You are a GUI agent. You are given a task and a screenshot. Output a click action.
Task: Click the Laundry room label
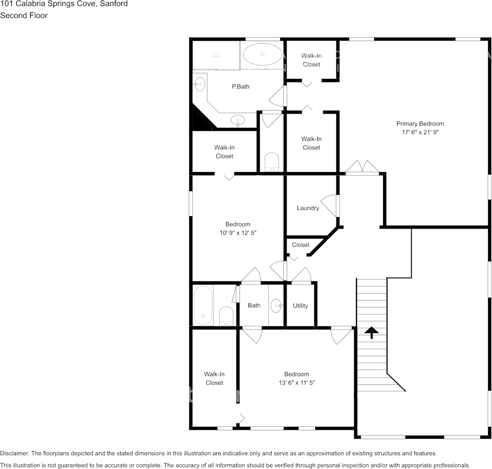308,208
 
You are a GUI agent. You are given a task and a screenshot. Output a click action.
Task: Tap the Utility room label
300,305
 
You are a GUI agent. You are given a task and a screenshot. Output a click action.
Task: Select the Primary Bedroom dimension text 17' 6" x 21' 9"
420,132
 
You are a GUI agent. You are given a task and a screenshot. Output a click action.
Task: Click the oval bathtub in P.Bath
263,54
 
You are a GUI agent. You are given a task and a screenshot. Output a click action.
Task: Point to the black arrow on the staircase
372,333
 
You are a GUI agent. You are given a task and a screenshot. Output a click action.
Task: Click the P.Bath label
241,86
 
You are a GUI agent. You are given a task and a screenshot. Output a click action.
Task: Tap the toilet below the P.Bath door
272,162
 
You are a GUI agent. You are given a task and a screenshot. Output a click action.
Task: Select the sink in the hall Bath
276,305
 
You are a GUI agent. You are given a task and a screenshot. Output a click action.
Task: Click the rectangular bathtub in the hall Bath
203,305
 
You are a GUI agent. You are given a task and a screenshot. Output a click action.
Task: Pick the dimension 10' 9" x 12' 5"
238,233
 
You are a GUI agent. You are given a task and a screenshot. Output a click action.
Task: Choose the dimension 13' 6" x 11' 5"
296,383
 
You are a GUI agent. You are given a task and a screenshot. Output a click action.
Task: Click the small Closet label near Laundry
300,245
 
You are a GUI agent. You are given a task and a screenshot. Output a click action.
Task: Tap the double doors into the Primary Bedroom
362,167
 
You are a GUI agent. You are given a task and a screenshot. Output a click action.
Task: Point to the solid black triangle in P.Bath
201,120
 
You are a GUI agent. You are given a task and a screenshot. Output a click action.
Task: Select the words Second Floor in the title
24,15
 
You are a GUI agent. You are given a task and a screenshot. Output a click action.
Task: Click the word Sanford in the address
114,4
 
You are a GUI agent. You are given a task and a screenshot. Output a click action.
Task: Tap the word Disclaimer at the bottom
14,453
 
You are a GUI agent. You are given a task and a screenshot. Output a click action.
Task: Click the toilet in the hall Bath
226,316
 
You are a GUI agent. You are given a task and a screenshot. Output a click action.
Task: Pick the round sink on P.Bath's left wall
199,84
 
